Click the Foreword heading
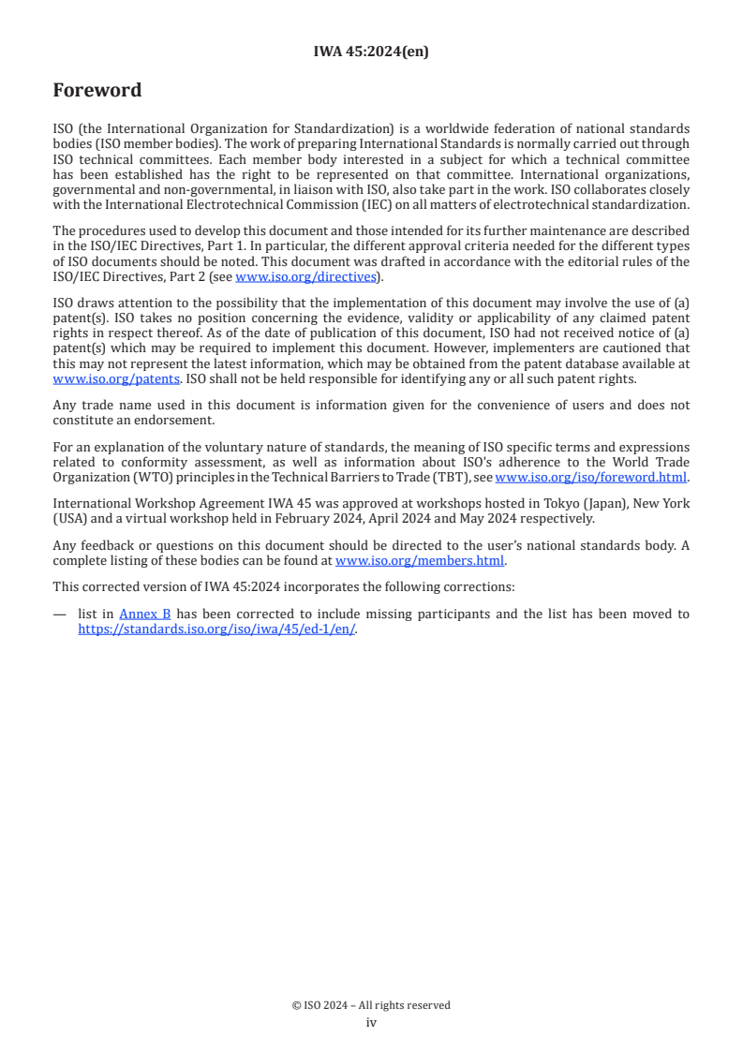click(x=97, y=91)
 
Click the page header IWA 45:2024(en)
click(x=371, y=52)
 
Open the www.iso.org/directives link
click(x=305, y=276)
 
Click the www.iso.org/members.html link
click(x=420, y=561)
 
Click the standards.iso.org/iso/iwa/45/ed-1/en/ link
click(x=216, y=629)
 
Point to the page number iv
click(x=371, y=1023)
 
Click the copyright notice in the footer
click(x=371, y=1005)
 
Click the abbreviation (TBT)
click(x=429, y=476)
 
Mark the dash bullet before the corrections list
click(x=60, y=614)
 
